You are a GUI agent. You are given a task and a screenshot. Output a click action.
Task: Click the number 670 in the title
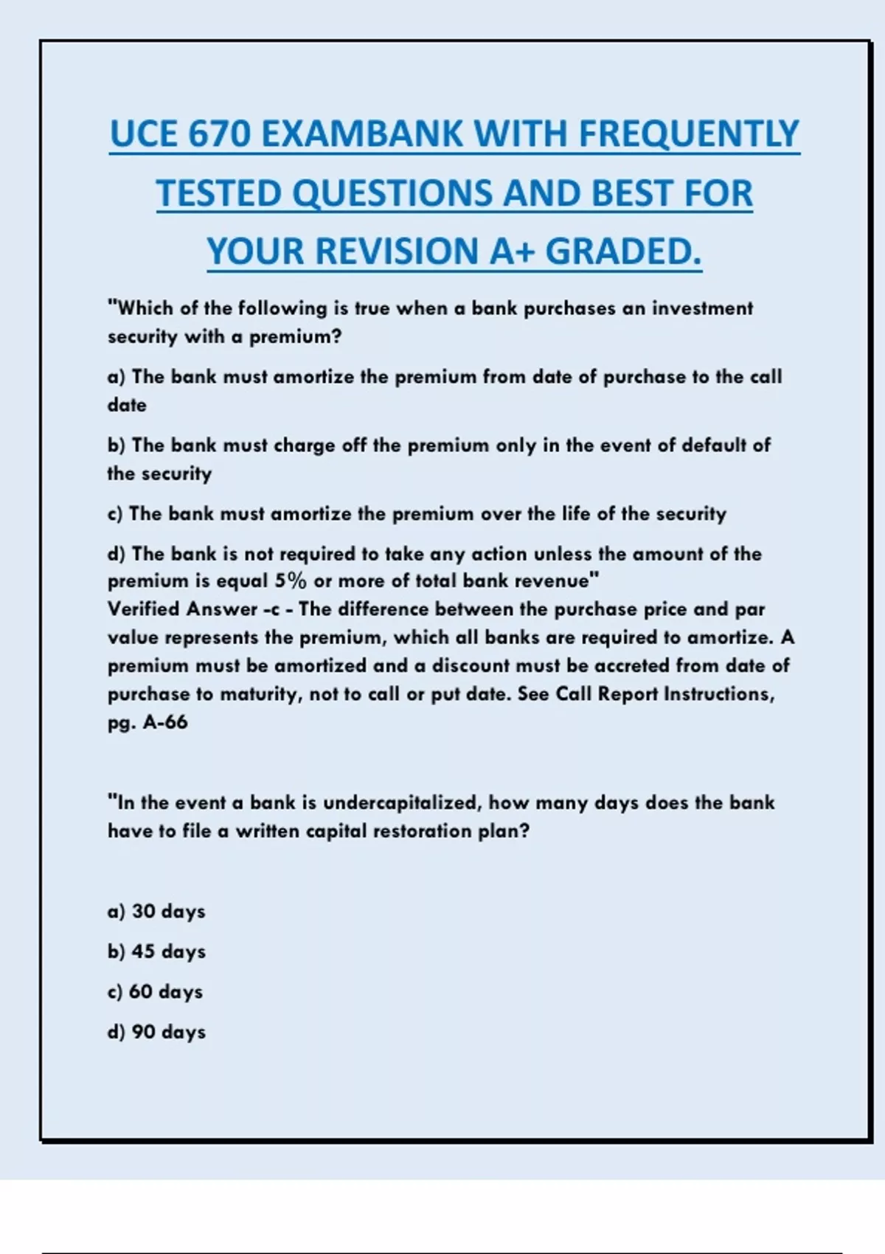[x=219, y=135]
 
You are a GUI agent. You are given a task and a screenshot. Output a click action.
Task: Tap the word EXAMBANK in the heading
[x=362, y=135]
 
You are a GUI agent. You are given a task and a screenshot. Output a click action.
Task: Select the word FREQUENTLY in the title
[x=689, y=135]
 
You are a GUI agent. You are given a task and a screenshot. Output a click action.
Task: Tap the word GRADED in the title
[x=623, y=252]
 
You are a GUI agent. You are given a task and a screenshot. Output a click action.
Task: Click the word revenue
[x=556, y=581]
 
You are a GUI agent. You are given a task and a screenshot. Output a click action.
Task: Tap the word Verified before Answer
[x=144, y=609]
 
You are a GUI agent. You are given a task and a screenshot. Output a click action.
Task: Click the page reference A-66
[x=165, y=722]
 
